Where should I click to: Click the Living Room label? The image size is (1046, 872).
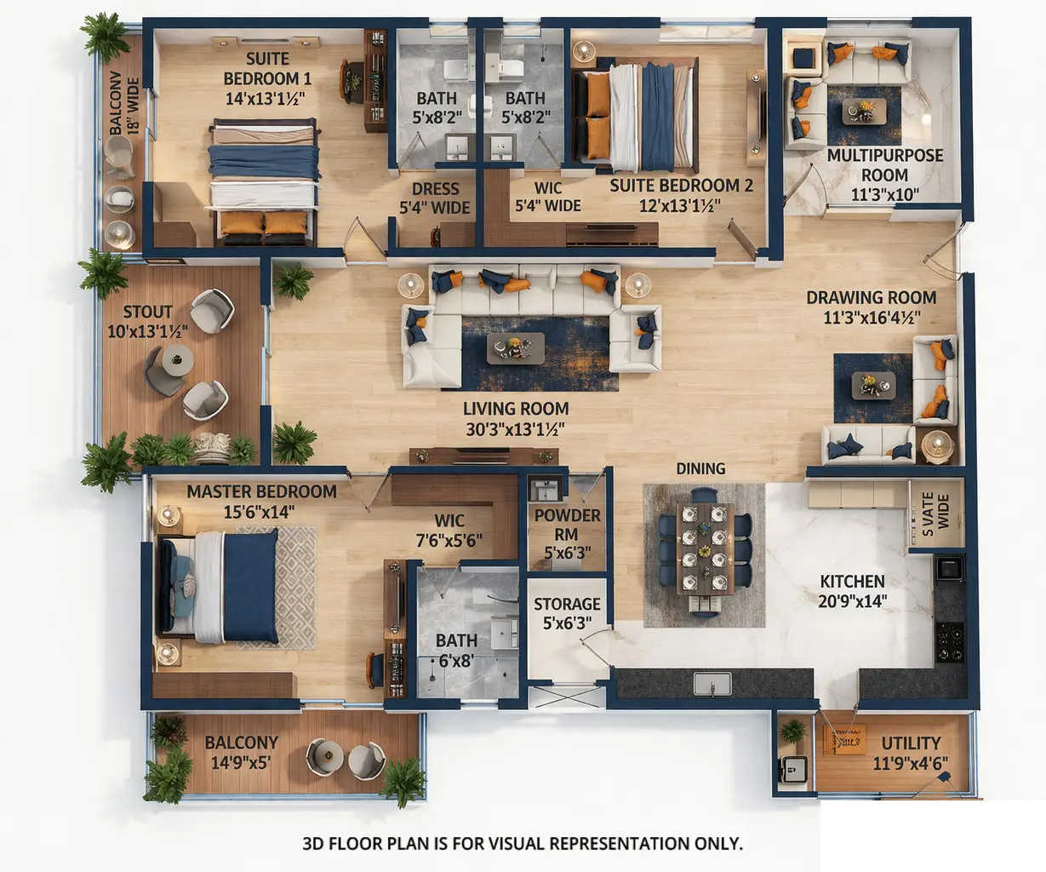pos(515,409)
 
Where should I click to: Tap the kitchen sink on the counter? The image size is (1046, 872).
pos(712,683)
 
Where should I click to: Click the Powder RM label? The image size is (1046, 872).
pos(567,525)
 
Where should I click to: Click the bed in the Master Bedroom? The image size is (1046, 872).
pos(220,586)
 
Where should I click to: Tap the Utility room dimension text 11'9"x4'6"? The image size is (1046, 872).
pos(910,763)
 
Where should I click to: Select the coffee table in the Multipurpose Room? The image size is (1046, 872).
pos(864,112)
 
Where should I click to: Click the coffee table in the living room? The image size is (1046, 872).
pos(515,347)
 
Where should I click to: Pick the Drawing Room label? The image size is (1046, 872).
pos(871,298)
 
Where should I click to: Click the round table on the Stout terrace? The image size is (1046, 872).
pos(177,360)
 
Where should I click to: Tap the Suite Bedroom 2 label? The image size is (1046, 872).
pos(681,186)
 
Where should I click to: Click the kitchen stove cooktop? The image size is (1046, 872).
pos(950,641)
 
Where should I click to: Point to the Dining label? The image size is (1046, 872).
pos(700,468)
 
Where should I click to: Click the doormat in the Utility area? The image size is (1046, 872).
pos(844,739)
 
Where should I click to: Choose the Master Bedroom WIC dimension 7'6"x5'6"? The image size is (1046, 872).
pos(449,540)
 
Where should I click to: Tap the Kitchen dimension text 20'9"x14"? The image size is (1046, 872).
pos(852,601)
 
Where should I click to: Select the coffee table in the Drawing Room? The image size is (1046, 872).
pos(873,386)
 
